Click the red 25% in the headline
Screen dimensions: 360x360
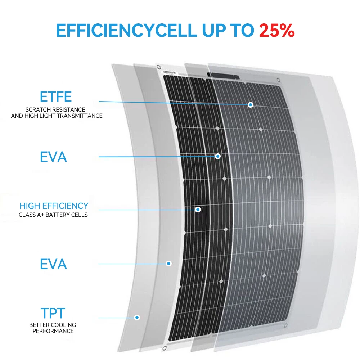click(277, 31)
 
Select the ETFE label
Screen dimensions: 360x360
click(56, 97)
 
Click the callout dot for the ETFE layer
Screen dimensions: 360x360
click(251, 105)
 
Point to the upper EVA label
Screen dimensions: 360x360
click(53, 157)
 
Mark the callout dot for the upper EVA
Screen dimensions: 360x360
click(217, 156)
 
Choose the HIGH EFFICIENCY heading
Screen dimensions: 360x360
click(54, 206)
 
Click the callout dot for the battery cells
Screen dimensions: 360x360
click(198, 209)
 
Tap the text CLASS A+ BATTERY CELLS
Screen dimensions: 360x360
click(53, 215)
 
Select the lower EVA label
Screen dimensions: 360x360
click(53, 264)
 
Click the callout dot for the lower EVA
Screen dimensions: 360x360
click(168, 264)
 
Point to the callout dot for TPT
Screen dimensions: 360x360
click(137, 318)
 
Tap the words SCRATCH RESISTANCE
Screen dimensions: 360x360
click(55, 109)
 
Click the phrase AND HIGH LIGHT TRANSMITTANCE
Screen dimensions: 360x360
click(57, 116)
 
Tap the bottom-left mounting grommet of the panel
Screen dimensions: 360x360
click(165, 348)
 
